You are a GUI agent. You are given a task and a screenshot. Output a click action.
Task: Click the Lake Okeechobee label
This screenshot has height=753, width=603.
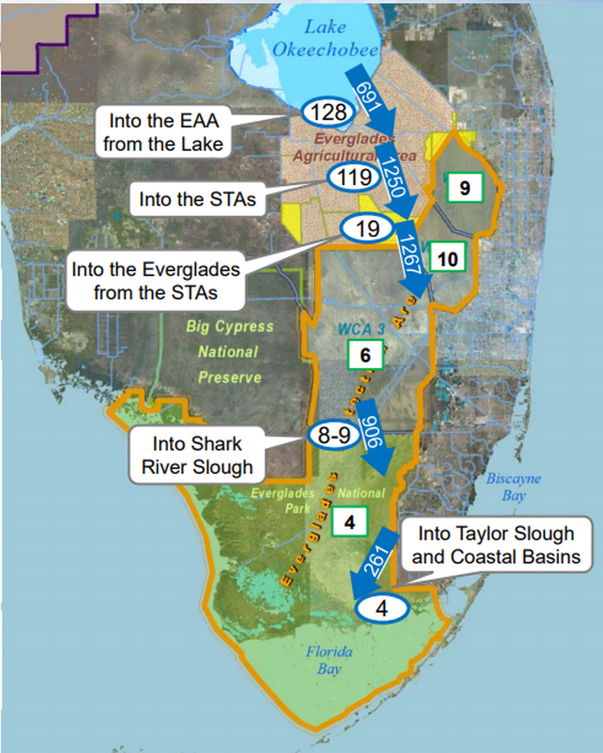coord(325,39)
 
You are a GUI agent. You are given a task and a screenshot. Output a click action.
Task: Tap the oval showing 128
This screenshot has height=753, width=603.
coord(328,112)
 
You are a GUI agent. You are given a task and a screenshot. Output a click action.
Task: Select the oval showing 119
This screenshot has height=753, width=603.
coord(354,177)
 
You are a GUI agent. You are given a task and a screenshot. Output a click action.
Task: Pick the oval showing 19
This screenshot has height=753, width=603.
coord(367,229)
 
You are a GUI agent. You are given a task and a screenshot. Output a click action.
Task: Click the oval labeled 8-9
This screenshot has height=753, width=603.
coord(334,434)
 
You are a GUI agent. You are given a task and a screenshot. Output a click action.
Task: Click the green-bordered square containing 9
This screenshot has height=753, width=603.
coord(464,187)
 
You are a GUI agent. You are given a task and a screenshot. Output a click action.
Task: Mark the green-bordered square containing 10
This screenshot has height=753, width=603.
coord(447,259)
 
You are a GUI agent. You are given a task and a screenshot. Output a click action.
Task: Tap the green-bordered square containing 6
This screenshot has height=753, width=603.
coord(365,355)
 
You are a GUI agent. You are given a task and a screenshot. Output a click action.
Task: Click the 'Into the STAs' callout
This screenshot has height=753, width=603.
coord(197,199)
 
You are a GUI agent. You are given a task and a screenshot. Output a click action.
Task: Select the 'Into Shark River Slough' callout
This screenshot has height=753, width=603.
coord(197,455)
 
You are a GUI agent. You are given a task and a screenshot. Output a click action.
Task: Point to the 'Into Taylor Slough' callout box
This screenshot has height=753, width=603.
coord(496,545)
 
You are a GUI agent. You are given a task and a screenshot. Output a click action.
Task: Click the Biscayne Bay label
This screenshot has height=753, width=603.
coord(513,487)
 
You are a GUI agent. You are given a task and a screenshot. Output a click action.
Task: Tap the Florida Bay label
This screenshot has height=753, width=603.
coord(328,660)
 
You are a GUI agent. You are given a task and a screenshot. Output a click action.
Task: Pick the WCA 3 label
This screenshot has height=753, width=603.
coord(361,329)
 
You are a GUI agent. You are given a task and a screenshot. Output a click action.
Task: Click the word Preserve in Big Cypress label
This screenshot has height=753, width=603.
coord(230,377)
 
